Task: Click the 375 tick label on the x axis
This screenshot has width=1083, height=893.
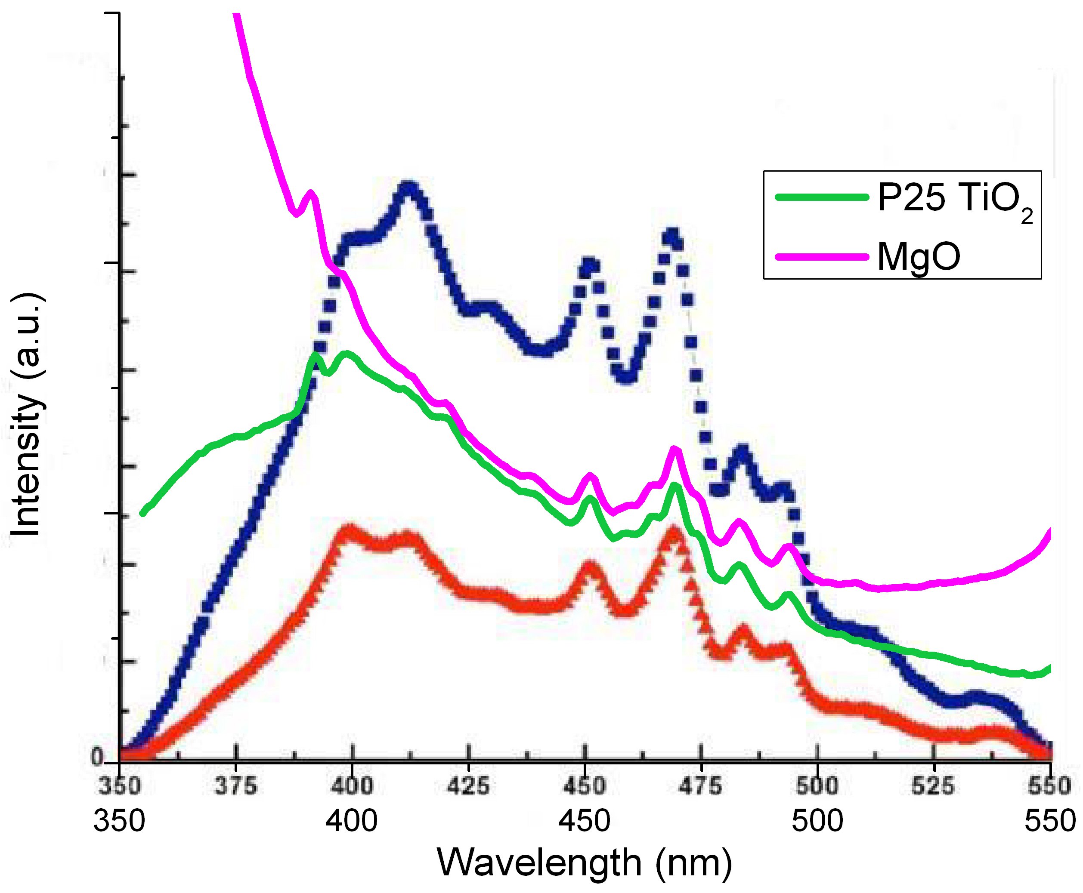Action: pos(236,786)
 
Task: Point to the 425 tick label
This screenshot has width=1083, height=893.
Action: pos(468,786)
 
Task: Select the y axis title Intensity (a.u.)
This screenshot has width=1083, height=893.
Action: pos(26,415)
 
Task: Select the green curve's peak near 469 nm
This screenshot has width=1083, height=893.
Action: pos(674,486)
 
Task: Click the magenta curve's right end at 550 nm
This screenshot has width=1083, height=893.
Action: pos(1049,531)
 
